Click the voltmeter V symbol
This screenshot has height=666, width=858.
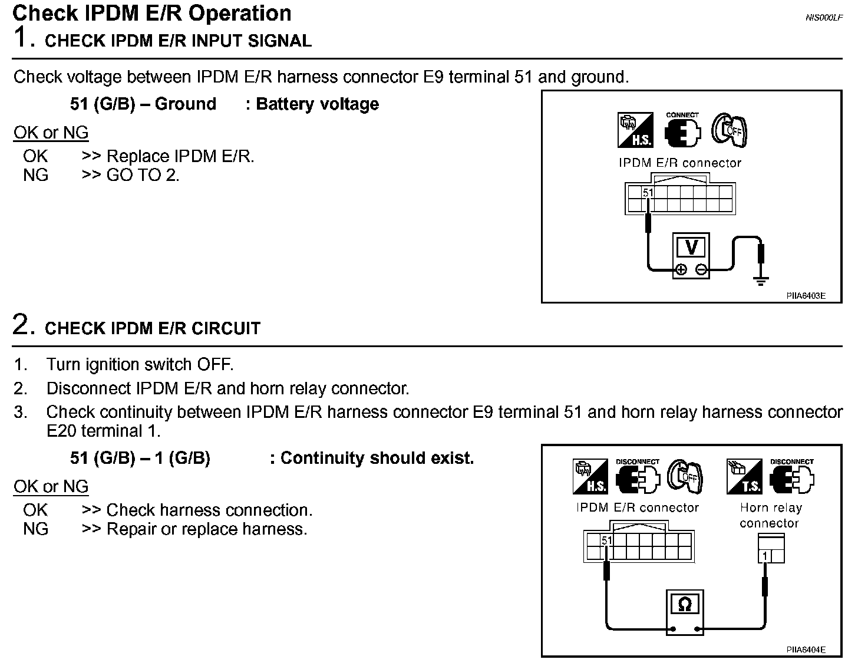[x=691, y=248]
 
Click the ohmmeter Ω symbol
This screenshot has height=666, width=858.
[x=685, y=604]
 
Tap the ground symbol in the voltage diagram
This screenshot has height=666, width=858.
[x=761, y=281]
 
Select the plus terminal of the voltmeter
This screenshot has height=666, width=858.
[x=681, y=270]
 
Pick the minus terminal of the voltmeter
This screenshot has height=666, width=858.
[x=701, y=270]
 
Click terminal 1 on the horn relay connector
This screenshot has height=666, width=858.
[x=765, y=556]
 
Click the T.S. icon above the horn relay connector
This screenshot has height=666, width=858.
[x=744, y=476]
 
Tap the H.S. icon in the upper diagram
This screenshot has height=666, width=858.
[x=635, y=130]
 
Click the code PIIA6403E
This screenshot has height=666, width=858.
[x=806, y=296]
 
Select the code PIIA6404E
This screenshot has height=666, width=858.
[x=806, y=649]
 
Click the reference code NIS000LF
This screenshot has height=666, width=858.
[x=824, y=18]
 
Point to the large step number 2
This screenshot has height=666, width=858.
[x=21, y=325]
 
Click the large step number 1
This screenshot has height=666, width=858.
[x=21, y=38]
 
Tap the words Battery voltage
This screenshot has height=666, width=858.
[x=318, y=104]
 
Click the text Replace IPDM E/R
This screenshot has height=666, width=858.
[x=180, y=156]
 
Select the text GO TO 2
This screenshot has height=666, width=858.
[x=143, y=175]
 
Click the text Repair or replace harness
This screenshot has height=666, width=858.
[x=207, y=529]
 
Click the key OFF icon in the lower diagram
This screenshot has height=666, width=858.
[x=685, y=476]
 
